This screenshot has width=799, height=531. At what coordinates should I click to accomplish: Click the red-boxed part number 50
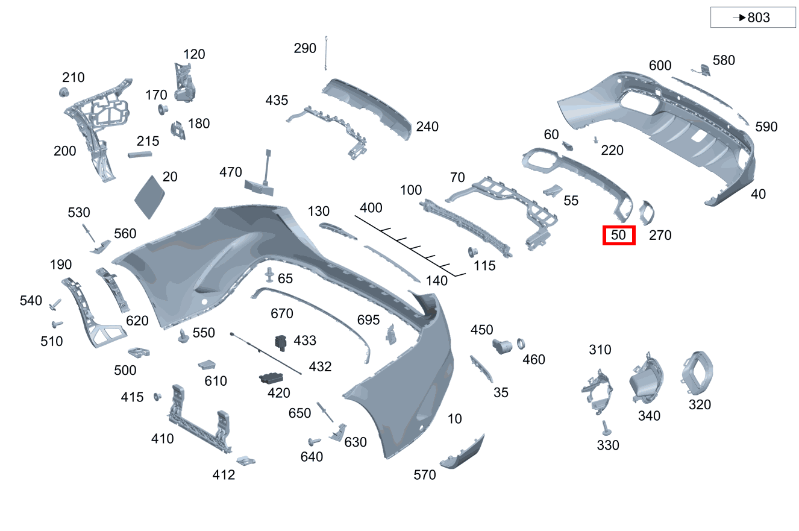coord(618,235)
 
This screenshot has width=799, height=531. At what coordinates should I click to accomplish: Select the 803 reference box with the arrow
coord(753,17)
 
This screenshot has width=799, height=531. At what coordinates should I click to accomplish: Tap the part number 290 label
coord(305,48)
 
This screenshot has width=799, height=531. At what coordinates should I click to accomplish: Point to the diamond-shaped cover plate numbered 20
coord(149,196)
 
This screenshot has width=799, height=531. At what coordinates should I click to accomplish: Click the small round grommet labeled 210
coord(64,92)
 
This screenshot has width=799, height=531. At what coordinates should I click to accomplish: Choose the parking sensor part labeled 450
coord(502,346)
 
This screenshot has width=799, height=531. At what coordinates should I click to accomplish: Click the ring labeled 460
coord(521,344)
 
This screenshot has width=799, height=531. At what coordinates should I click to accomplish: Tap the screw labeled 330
coord(606,428)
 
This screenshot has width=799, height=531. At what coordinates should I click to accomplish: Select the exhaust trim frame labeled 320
coord(697,373)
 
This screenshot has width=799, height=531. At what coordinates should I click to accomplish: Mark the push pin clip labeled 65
coord(270,275)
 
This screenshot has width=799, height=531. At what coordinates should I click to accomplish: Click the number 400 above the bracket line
coord(371,208)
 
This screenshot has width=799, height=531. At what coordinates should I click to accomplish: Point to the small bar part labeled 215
coord(140,154)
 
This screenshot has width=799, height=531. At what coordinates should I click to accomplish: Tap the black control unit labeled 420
coord(271,378)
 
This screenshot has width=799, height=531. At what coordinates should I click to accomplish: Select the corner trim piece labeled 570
coord(463,453)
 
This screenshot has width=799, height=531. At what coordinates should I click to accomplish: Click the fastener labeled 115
coord(472,252)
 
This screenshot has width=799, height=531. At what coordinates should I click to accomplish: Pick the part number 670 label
coord(282,313)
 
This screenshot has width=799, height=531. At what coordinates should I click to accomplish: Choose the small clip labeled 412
coord(246,460)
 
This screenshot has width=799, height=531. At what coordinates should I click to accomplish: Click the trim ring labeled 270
coord(647,213)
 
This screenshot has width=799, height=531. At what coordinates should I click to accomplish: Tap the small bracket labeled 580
coord(703,70)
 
